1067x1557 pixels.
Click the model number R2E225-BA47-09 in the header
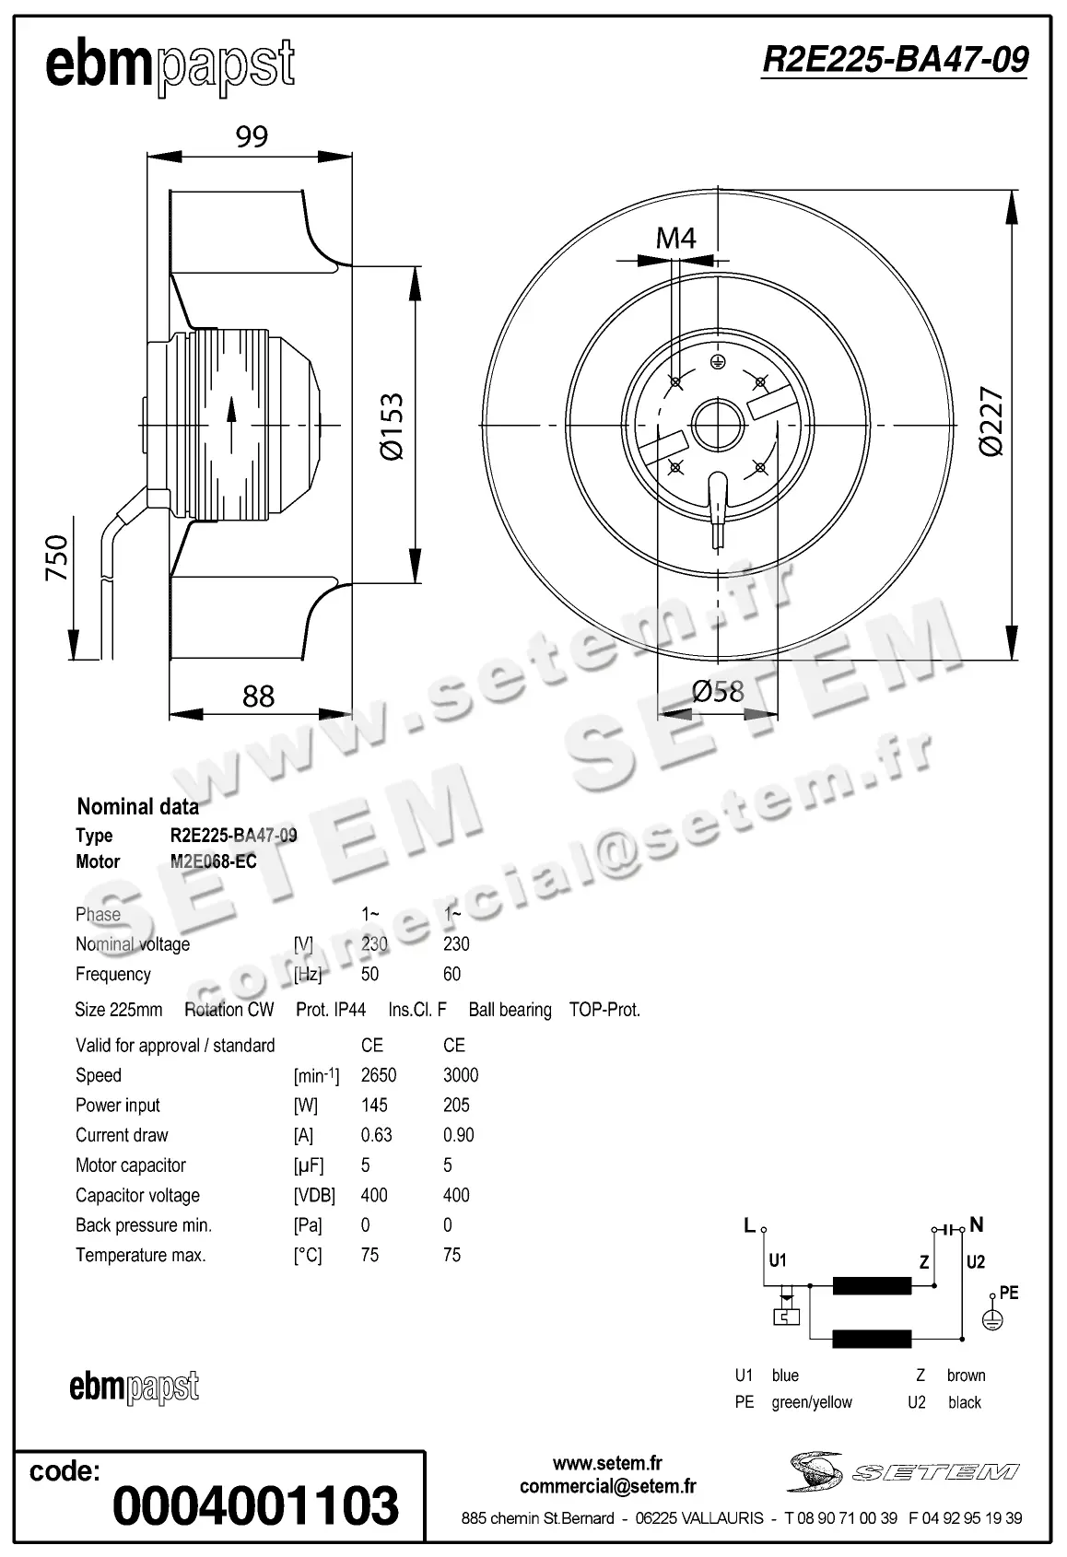click(894, 60)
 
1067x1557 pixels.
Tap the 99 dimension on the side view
click(252, 136)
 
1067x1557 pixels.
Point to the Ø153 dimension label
click(392, 426)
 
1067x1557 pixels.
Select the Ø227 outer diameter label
click(991, 422)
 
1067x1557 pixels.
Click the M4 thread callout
click(675, 239)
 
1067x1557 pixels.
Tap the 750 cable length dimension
click(57, 557)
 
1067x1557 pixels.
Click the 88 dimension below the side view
click(258, 696)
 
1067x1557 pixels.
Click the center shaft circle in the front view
click(717, 425)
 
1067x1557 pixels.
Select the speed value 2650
click(379, 1075)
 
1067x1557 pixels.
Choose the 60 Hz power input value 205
click(456, 1105)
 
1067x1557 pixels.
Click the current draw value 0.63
click(376, 1135)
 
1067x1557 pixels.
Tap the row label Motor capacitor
click(131, 1165)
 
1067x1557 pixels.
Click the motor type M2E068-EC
click(214, 861)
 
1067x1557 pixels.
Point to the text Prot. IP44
click(331, 1010)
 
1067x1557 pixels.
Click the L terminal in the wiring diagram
click(750, 1226)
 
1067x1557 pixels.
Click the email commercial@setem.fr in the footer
click(607, 1486)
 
